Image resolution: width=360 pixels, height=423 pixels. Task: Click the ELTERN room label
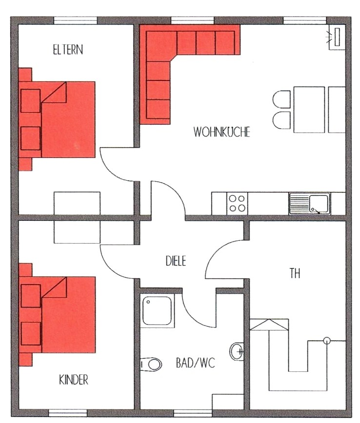[68, 50]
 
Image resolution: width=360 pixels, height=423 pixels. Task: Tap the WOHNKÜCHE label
[222, 132]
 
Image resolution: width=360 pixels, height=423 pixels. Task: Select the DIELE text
[176, 261]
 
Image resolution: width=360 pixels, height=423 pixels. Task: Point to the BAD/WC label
[196, 363]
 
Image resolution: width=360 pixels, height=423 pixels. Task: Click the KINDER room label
[74, 380]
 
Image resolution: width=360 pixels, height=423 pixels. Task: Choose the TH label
[295, 273]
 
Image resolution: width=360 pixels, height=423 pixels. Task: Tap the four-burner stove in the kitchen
[237, 203]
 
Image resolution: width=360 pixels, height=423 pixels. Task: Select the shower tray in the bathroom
[157, 311]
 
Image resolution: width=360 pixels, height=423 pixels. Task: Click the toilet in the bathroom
[151, 364]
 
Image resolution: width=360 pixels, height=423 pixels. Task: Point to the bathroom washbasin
[237, 351]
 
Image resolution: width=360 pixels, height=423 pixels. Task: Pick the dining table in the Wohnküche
[309, 110]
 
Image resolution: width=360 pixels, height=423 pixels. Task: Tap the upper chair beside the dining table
[281, 99]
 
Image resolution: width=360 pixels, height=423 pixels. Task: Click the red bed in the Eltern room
[57, 119]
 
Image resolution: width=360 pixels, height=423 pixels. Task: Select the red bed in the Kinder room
[57, 314]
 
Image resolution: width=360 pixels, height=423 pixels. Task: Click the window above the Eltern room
[75, 20]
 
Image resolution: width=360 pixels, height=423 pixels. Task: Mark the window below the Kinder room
[68, 413]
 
